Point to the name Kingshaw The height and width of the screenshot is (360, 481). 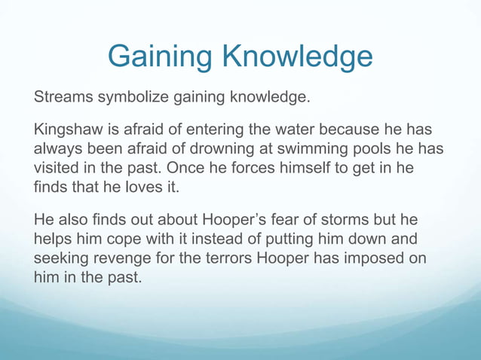coord(68,130)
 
